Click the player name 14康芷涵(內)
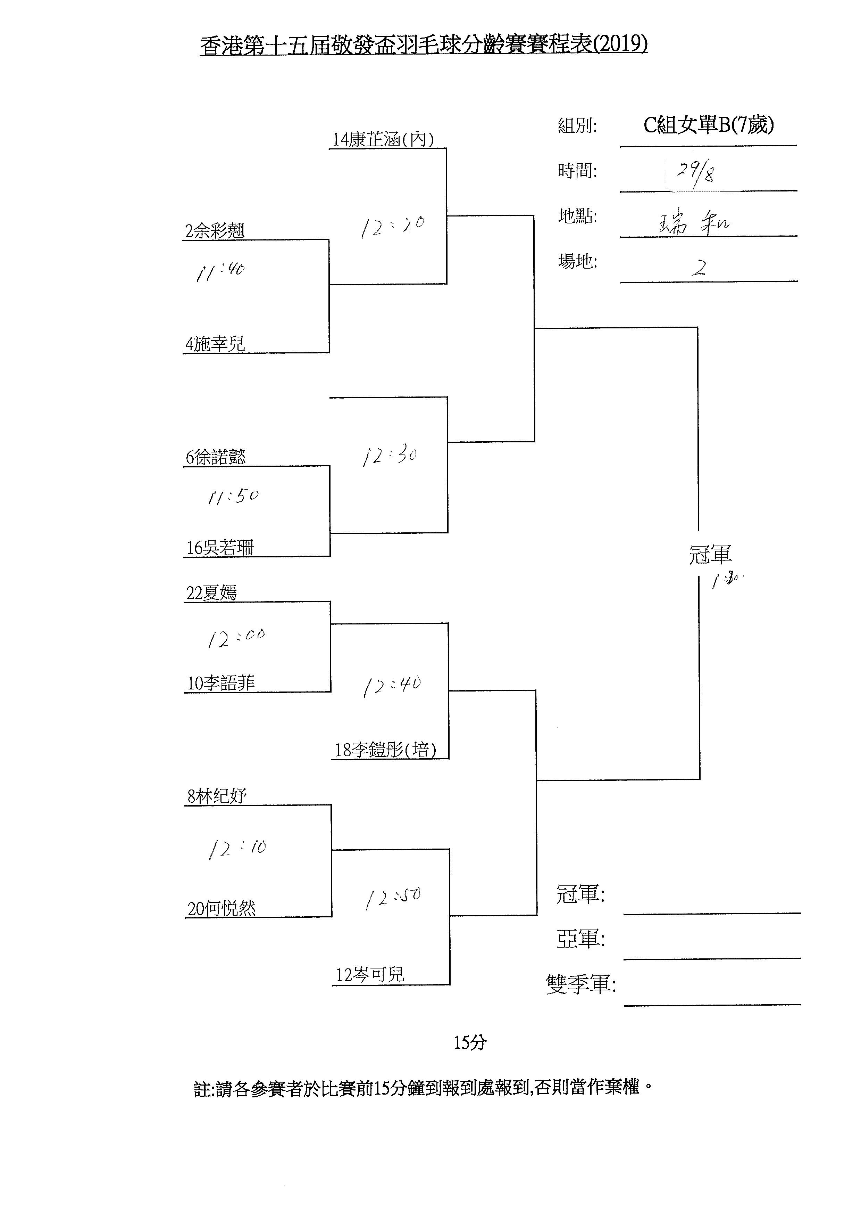pos(383,140)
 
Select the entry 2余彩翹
pos(214,231)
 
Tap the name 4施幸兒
pos(215,344)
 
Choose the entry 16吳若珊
pos(220,547)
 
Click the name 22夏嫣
pos(211,592)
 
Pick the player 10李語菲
pos(221,683)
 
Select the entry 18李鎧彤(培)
pos(385,750)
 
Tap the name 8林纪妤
pos(217,796)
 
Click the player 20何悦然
pos(221,908)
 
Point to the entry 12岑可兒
pos(370,975)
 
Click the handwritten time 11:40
pos(220,272)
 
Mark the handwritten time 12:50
pos(393,898)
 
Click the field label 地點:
pos(577,216)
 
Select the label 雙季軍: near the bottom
pos(580,984)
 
